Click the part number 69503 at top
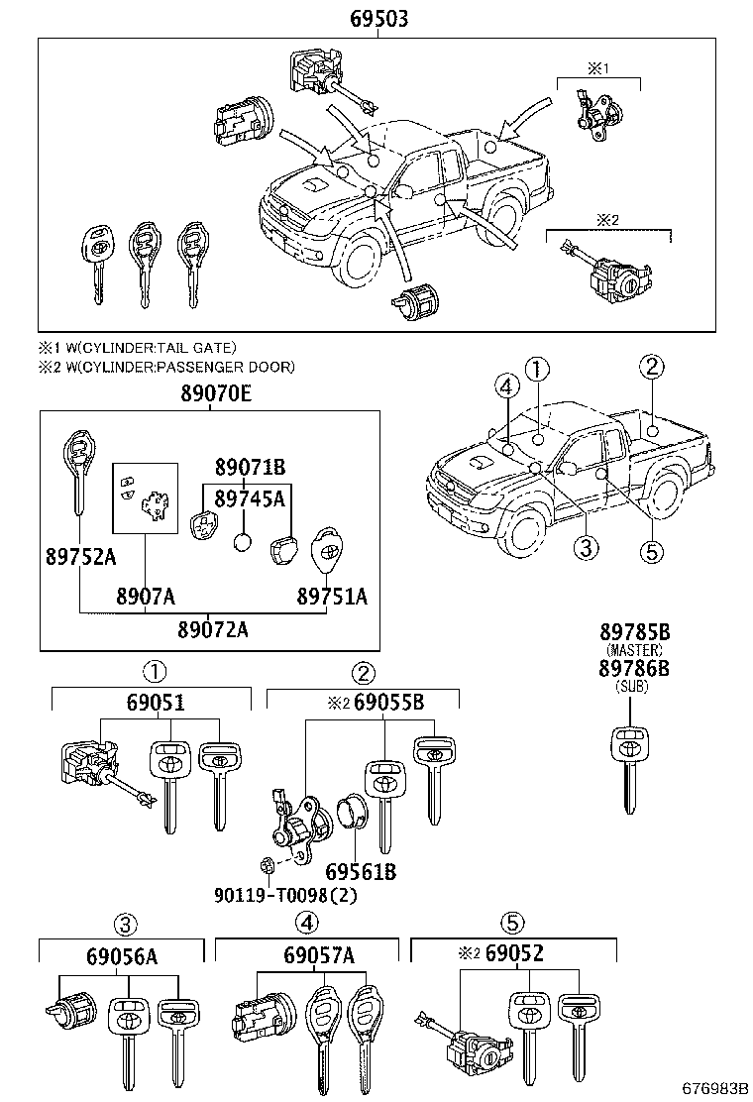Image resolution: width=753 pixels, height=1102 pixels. (378, 19)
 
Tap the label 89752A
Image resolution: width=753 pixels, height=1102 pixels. (80, 557)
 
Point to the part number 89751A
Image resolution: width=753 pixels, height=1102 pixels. (332, 596)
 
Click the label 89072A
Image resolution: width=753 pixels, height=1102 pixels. (213, 629)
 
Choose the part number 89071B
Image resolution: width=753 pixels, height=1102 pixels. (251, 466)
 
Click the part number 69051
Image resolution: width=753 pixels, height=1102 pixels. (155, 704)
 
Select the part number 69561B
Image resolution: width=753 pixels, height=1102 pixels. (362, 871)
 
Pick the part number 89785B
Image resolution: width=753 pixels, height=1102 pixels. (634, 632)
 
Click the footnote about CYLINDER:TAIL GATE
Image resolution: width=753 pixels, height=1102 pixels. (138, 347)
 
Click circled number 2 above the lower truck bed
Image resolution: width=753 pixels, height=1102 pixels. (651, 367)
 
